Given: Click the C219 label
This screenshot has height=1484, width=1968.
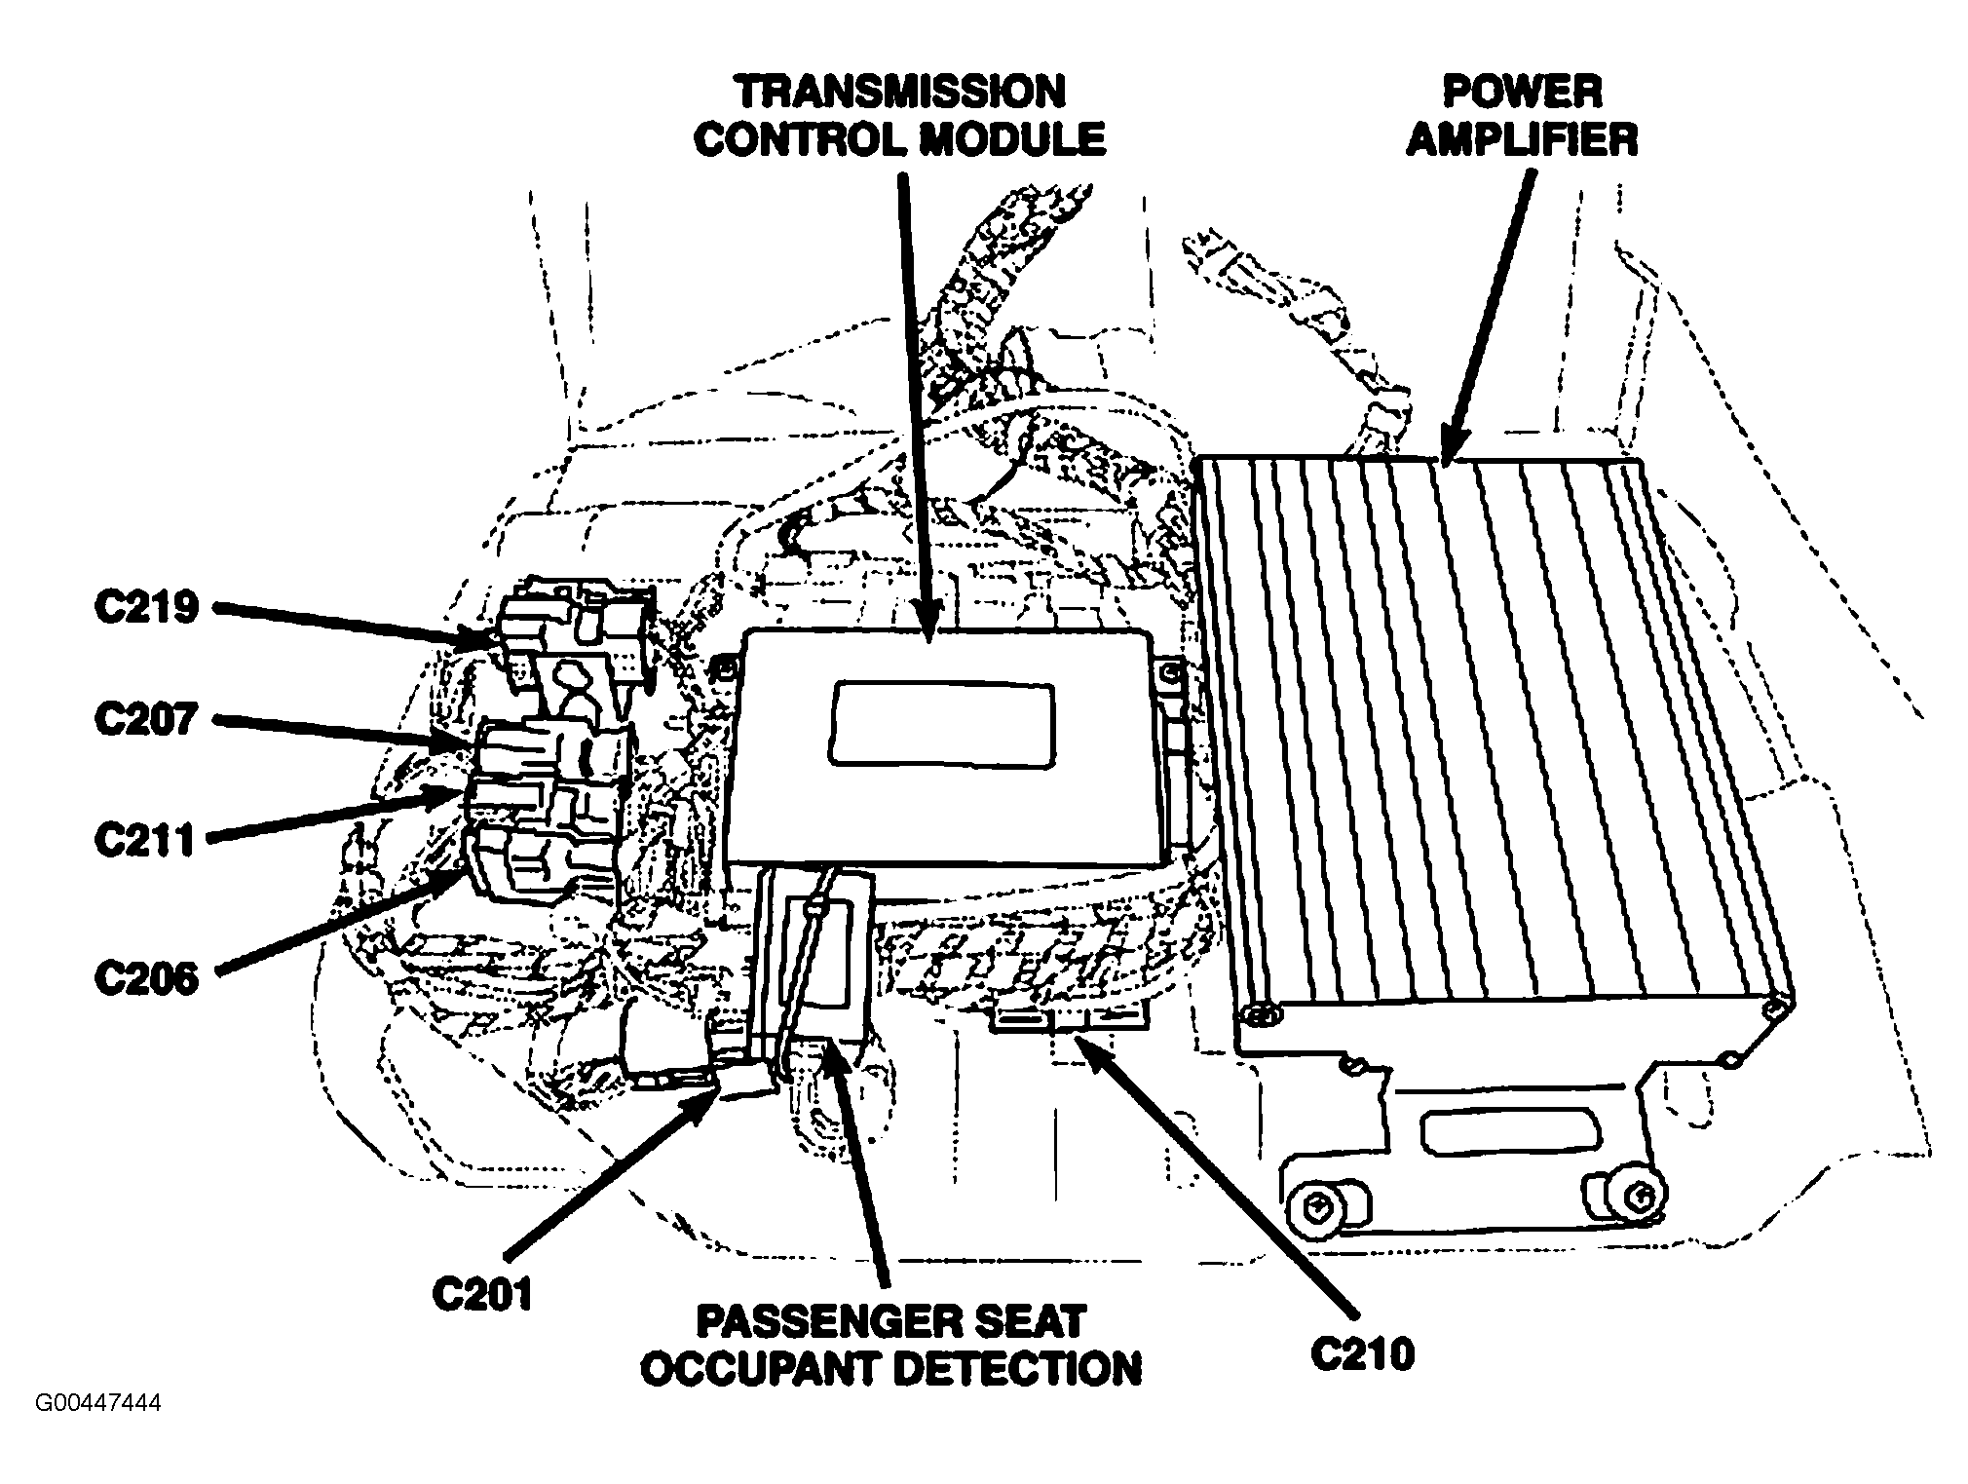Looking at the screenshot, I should coord(146,608).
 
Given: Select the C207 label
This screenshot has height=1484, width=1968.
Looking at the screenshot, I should coord(146,720).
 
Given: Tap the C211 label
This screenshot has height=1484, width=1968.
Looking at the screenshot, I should coord(146,840).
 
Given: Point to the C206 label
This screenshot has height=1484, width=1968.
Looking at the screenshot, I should coord(146,978).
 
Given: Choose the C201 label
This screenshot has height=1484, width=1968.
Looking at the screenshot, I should coord(482,1295).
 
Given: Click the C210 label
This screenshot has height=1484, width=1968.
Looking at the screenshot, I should coord(1362,1353).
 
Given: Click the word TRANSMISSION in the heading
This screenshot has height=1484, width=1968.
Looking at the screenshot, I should coord(899,93).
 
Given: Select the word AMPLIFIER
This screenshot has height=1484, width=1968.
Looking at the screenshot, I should coord(1522,141).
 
